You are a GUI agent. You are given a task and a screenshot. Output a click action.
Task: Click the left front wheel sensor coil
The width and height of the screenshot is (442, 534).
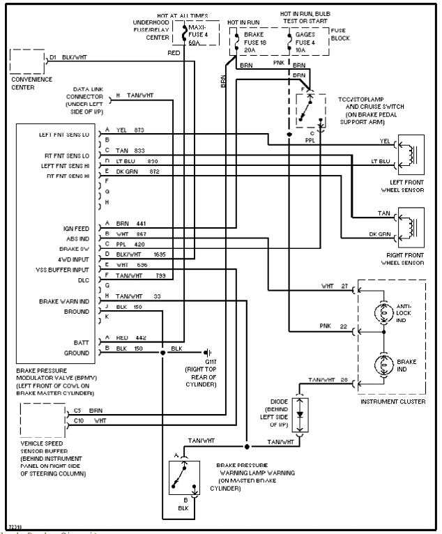tap(411, 153)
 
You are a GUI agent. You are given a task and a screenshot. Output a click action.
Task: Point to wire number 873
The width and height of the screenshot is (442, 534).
tap(139, 130)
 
